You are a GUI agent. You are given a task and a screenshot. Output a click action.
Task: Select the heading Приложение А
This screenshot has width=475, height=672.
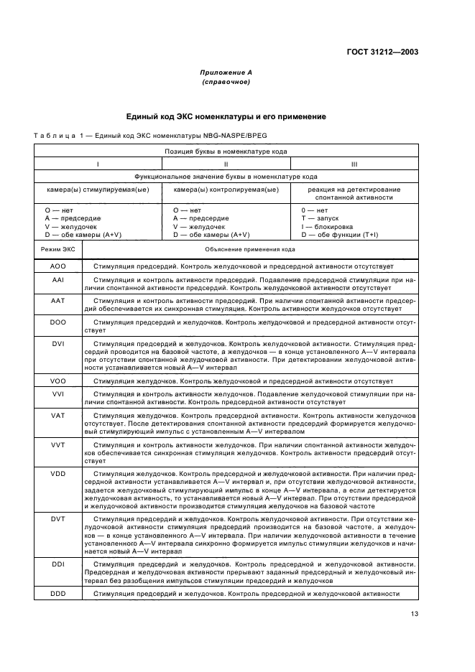point(226,73)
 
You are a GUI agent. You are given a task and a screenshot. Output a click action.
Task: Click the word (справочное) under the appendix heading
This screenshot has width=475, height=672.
point(226,83)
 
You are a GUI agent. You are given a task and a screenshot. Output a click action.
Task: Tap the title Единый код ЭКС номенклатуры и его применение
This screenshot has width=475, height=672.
point(226,116)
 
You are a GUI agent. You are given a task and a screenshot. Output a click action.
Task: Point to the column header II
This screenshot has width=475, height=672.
point(226,164)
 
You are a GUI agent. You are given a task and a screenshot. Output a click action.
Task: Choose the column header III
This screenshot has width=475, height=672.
point(354,164)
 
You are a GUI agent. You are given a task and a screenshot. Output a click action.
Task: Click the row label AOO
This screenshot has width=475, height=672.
point(58,266)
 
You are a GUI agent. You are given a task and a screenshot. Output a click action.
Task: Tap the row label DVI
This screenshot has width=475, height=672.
point(58,344)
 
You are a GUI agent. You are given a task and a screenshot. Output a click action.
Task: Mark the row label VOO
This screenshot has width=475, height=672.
point(58,381)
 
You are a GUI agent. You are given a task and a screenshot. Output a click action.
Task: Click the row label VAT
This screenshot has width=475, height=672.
point(58,416)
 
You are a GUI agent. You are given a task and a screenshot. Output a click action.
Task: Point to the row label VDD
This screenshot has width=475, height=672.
point(58,475)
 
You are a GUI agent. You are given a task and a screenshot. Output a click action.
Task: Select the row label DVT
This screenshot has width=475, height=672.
point(58,518)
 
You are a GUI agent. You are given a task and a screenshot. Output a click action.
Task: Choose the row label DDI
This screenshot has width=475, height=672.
point(58,564)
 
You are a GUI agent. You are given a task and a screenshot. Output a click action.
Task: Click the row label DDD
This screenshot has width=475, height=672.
point(58,594)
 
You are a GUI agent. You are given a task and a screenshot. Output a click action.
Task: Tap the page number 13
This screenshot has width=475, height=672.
point(415,614)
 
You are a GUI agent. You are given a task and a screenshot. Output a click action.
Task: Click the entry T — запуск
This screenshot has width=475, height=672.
point(320,218)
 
